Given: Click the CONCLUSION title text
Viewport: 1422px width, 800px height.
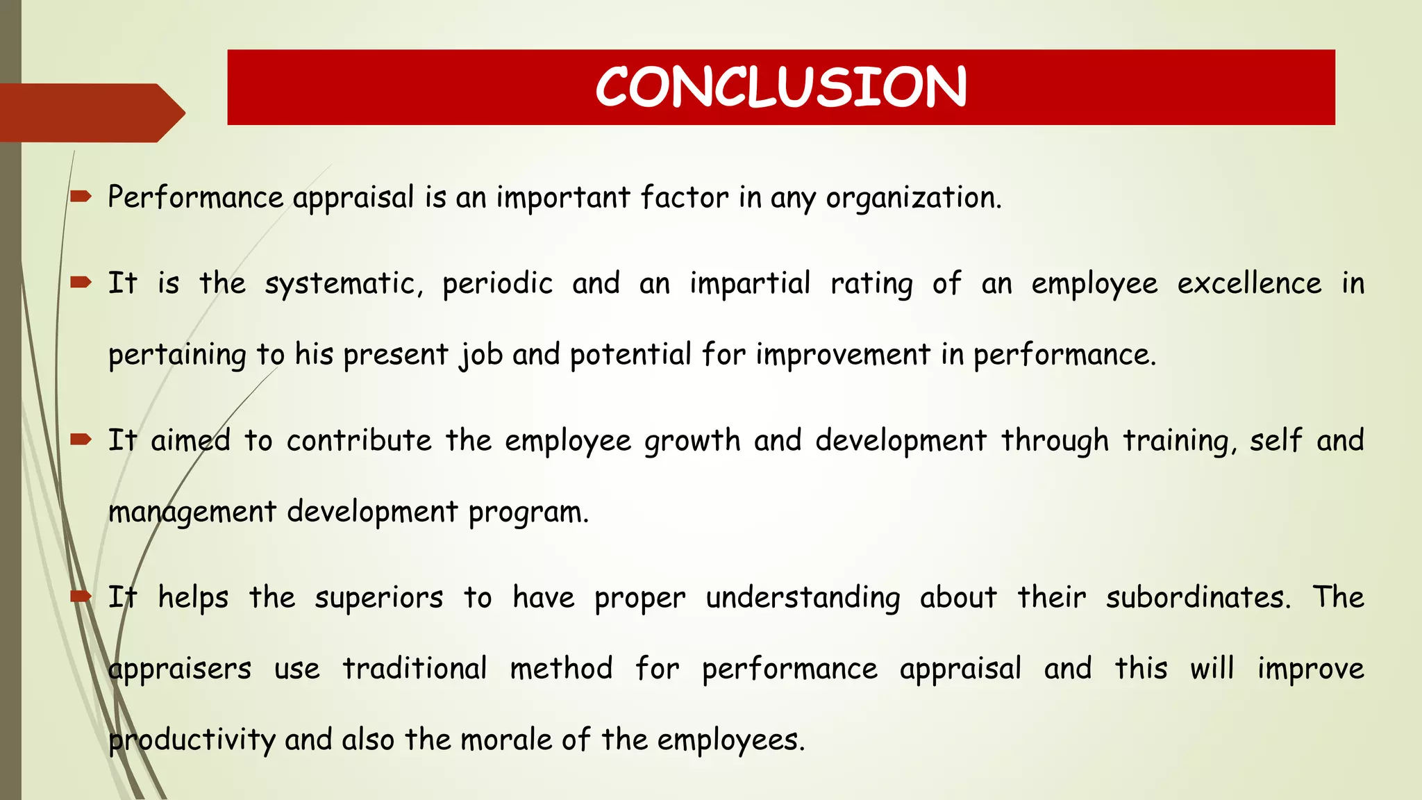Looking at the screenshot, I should pyautogui.click(x=780, y=87).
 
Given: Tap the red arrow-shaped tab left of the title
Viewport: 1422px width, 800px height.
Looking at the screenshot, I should pyautogui.click(x=90, y=112).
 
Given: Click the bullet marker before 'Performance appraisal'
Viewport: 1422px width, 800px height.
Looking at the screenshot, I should pyautogui.click(x=81, y=197).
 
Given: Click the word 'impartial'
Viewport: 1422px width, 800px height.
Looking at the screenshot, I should pyautogui.click(x=750, y=284).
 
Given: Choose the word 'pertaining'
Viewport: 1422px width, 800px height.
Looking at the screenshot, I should pyautogui.click(x=177, y=356).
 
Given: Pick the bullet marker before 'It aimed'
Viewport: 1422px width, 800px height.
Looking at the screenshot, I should pyautogui.click(x=81, y=440).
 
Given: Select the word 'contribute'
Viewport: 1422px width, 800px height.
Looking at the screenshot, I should pyautogui.click(x=359, y=441).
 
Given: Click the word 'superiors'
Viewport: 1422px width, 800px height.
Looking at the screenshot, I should pyautogui.click(x=378, y=598).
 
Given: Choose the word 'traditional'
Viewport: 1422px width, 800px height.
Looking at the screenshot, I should pyautogui.click(x=415, y=669).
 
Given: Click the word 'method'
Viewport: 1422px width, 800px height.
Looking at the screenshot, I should pyautogui.click(x=561, y=669).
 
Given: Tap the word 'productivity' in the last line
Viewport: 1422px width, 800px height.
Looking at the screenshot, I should pyautogui.click(x=192, y=740).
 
